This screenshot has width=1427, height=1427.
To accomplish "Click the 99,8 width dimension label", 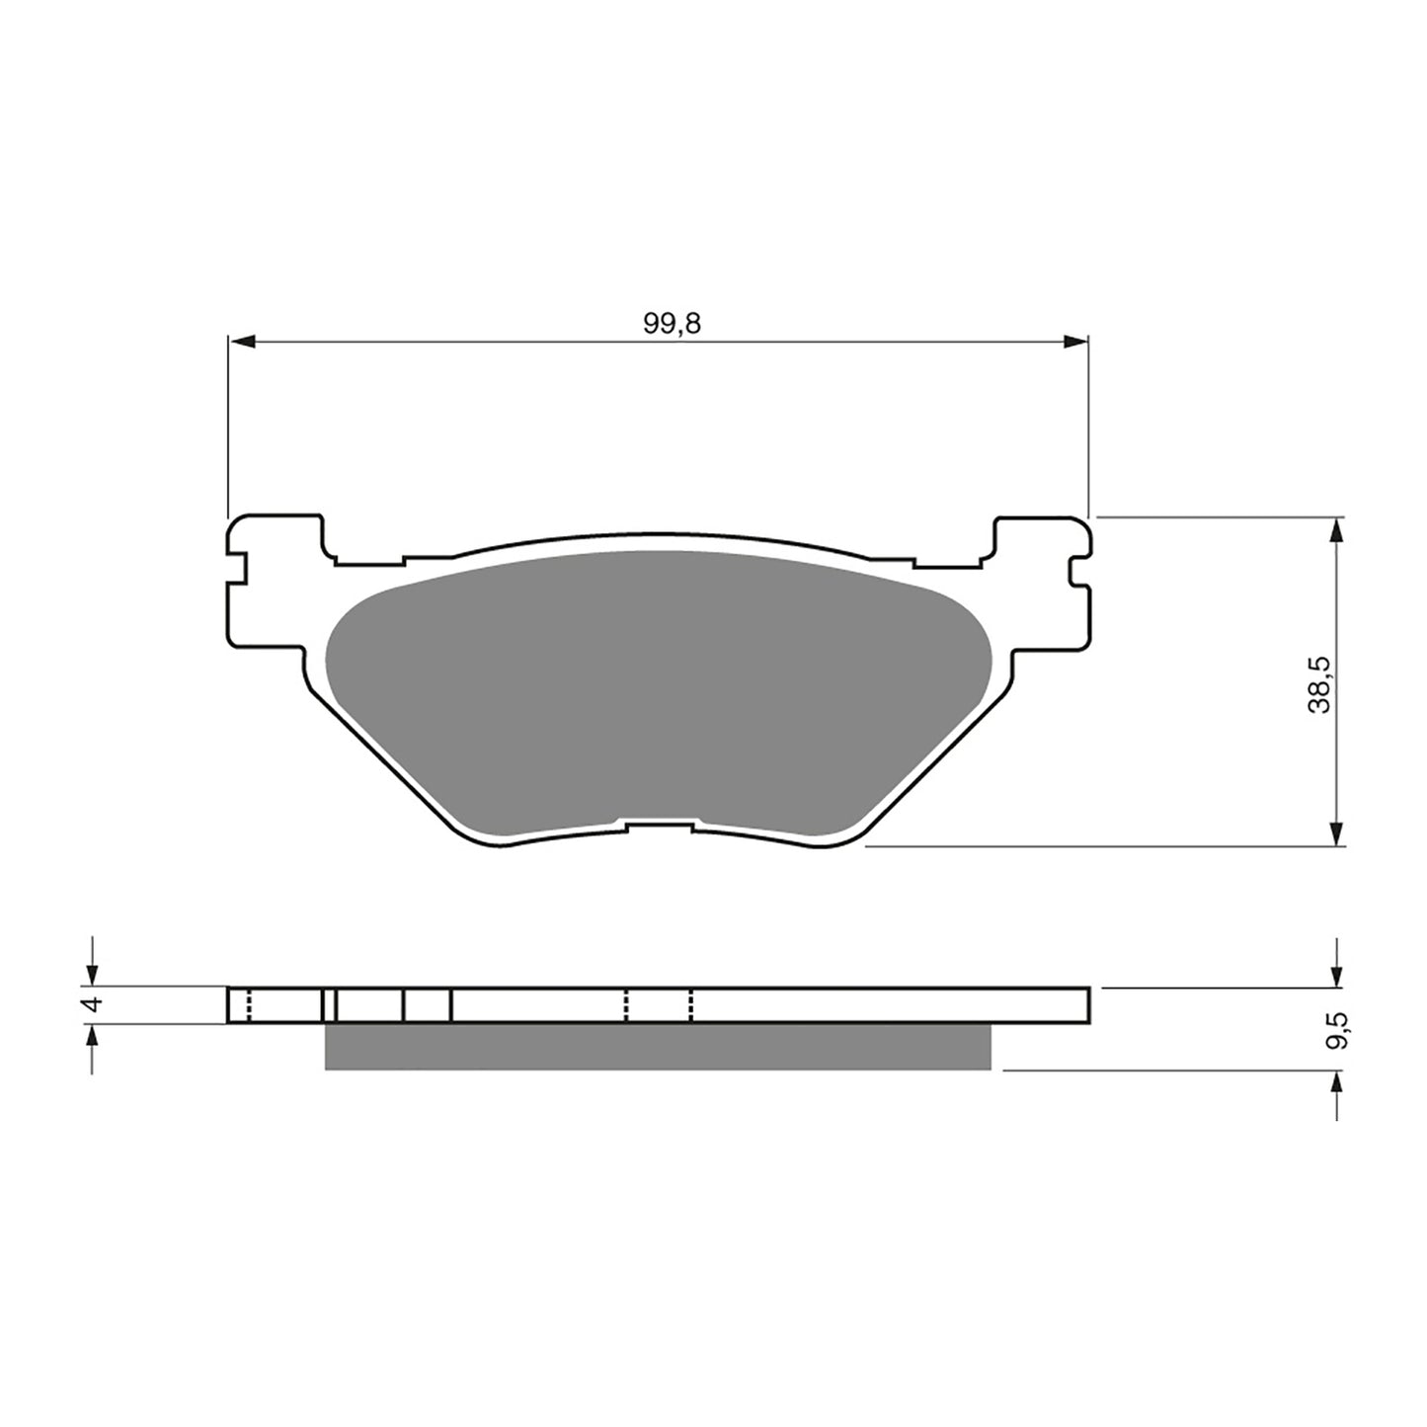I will (672, 324).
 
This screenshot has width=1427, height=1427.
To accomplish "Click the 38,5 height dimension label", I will (1319, 684).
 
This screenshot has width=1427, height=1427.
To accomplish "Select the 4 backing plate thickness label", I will (93, 1004).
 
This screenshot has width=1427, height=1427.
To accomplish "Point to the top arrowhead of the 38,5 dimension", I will (1336, 530).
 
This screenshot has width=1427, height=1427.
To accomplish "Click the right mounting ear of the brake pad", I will (1042, 583).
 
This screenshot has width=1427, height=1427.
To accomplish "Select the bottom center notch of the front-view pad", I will (659, 824).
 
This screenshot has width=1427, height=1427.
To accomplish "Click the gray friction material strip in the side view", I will (657, 1047).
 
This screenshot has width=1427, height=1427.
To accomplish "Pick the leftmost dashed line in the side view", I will (248, 1004).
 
